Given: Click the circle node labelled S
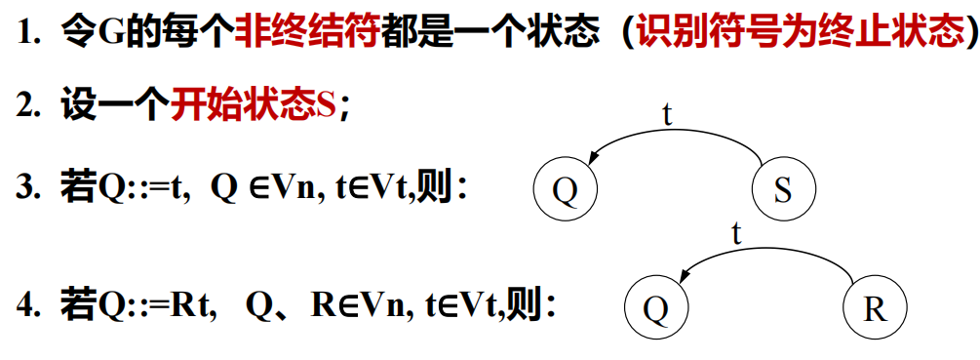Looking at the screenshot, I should pyautogui.click(x=783, y=189).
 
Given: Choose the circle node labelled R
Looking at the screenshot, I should pyautogui.click(x=875, y=309).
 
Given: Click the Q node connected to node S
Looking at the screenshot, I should pyautogui.click(x=565, y=189).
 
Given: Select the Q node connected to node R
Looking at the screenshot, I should pyautogui.click(x=656, y=309).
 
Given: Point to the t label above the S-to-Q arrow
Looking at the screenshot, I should pyautogui.click(x=667, y=114).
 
